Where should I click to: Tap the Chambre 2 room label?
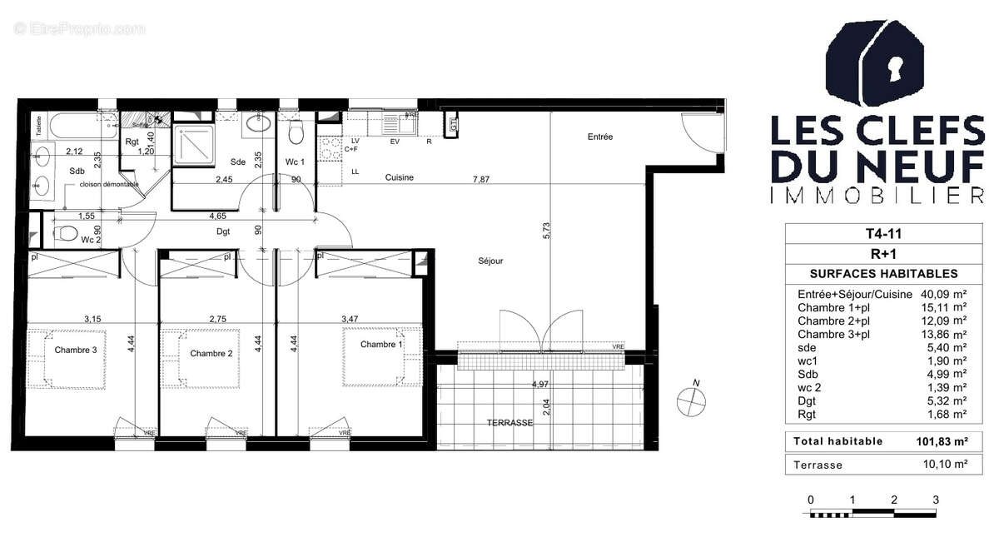click(x=211, y=354)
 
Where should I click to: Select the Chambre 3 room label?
click(x=76, y=351)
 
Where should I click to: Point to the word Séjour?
click(x=490, y=261)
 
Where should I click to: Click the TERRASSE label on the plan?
click(x=509, y=423)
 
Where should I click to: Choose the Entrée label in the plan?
click(x=599, y=137)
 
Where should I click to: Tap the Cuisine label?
click(x=399, y=177)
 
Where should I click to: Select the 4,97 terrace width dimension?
click(x=541, y=385)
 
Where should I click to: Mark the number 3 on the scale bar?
click(x=936, y=500)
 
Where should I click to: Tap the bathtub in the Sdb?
click(x=75, y=127)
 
